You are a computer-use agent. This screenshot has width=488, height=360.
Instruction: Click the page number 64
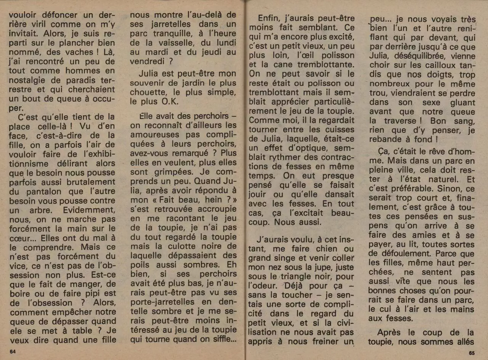[x=13, y=351]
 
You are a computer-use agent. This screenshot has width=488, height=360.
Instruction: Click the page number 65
[x=472, y=352]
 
